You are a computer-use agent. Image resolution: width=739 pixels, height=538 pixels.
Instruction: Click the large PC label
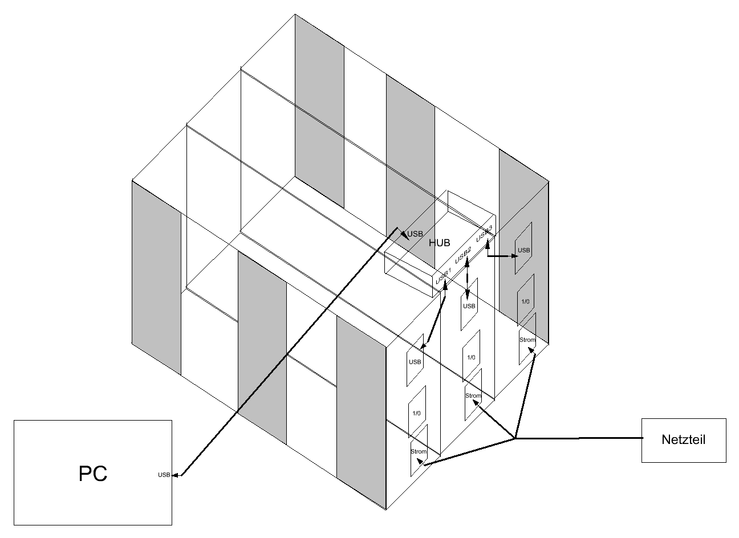(93, 474)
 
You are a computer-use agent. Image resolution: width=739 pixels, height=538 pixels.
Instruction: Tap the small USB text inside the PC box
(164, 475)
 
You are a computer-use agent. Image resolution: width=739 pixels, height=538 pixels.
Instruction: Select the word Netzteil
(683, 439)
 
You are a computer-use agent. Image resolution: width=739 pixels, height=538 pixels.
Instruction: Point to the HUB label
(439, 243)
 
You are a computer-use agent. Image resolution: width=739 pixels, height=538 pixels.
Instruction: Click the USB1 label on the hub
(443, 276)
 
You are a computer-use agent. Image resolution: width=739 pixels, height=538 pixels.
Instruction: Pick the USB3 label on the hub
(484, 234)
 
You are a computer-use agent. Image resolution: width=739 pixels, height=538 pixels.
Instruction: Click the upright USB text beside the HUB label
(415, 234)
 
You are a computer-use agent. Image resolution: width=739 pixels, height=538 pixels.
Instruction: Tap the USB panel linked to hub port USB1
(415, 360)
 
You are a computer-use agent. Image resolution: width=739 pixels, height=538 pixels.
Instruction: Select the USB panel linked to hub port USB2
(469, 304)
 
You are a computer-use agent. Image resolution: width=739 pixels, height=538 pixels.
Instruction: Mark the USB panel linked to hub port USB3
(523, 248)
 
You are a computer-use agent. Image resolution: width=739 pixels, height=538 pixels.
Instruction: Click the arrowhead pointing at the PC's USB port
(176, 475)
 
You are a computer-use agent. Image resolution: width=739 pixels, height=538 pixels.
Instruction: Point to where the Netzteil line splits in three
(515, 438)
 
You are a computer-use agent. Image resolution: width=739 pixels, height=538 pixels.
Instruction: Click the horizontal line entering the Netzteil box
(579, 438)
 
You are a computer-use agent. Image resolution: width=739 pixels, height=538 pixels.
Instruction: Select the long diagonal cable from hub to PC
(289, 352)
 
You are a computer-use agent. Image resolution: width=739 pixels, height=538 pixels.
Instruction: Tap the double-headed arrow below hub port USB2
(467, 278)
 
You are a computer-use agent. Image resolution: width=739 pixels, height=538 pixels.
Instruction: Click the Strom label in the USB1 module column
(419, 451)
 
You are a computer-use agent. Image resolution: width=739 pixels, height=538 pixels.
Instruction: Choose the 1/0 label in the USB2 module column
(471, 357)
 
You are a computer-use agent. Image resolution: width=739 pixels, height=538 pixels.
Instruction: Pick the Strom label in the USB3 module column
(527, 340)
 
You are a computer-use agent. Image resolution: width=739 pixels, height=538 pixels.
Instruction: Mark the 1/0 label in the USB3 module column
(525, 301)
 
